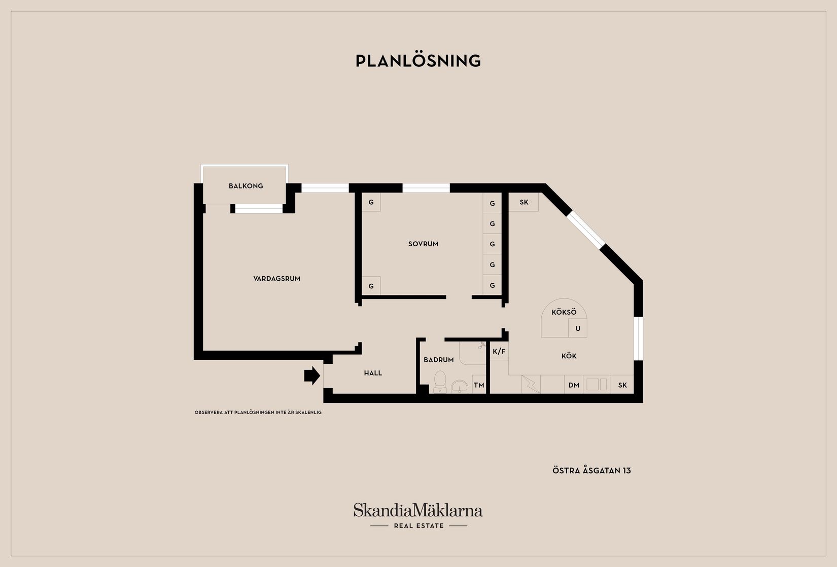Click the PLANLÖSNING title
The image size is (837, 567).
tap(418, 61)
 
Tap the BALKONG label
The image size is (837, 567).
tap(246, 186)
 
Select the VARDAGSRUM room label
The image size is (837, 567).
tap(277, 279)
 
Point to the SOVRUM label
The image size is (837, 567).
tap(424, 244)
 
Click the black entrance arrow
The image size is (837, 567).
tap(312, 375)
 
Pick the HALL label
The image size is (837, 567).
tap(373, 373)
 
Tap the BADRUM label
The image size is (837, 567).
tap(439, 360)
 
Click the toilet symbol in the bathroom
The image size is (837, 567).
tap(440, 381)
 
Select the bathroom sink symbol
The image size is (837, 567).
tap(460, 387)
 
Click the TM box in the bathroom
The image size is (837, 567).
tap(479, 385)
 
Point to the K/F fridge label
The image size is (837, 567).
tap(499, 351)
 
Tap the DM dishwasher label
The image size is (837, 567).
tap(574, 385)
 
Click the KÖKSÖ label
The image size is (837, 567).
tap(564, 312)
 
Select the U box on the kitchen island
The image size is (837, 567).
tap(578, 328)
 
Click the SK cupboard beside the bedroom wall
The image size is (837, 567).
tap(524, 202)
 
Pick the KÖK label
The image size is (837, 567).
tap(569, 356)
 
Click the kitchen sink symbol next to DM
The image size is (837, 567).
tap(597, 384)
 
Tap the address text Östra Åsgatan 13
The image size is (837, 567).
tap(592, 471)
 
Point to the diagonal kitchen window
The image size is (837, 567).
tap(586, 230)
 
